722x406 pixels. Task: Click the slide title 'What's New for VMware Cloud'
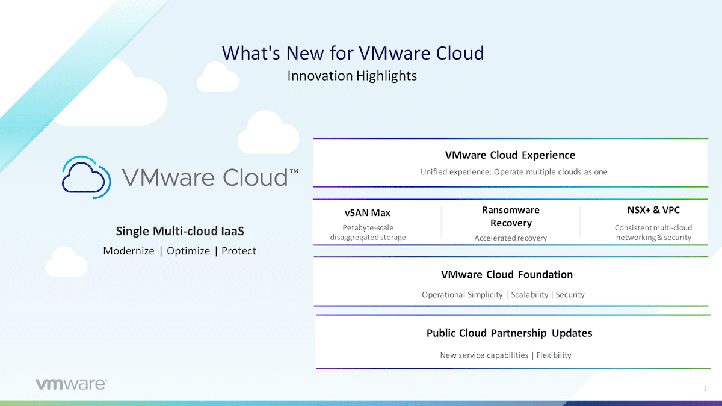click(x=353, y=52)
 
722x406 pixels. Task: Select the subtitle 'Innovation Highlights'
click(x=352, y=76)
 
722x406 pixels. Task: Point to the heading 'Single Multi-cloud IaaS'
click(x=180, y=231)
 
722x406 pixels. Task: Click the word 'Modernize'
click(x=129, y=251)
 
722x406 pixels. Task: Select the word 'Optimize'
click(x=188, y=251)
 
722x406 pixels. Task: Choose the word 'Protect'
click(x=238, y=251)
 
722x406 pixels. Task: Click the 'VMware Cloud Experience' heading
click(x=510, y=155)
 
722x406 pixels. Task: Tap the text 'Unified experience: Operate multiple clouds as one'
click(x=514, y=172)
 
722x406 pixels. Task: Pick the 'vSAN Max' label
click(x=368, y=213)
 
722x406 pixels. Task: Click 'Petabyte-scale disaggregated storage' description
click(x=368, y=232)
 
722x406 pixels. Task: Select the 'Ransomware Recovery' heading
click(x=511, y=216)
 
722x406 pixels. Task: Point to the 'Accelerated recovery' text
click(x=511, y=238)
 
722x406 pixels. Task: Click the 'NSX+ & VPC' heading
click(x=653, y=210)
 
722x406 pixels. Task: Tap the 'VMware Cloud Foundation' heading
click(x=507, y=274)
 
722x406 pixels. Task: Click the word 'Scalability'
click(x=529, y=295)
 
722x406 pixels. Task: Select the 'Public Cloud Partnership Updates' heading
click(x=509, y=333)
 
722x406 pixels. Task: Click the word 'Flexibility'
click(x=554, y=355)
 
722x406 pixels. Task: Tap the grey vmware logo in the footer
click(x=71, y=384)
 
